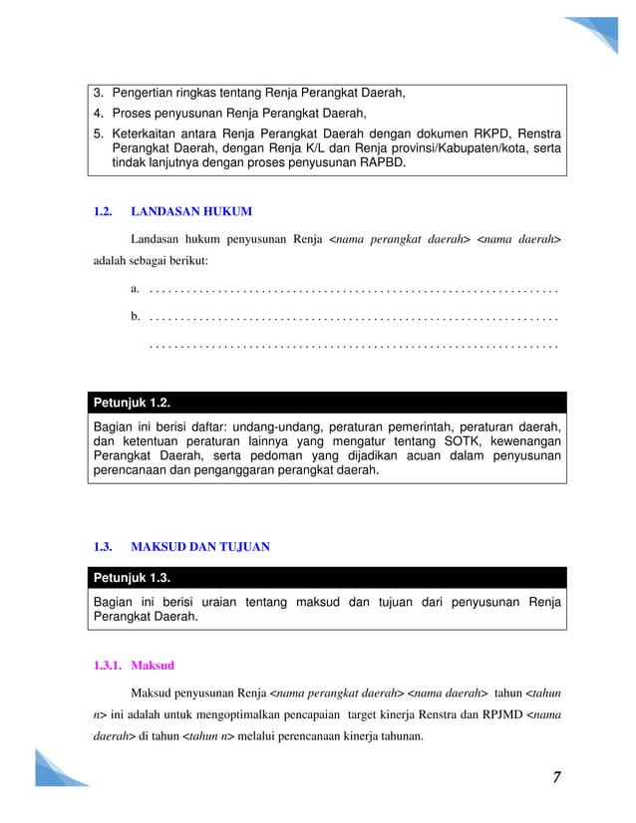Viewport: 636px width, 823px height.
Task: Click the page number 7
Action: pos(554,777)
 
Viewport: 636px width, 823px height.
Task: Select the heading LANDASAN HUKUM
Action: pos(191,211)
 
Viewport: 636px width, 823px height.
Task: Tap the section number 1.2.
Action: pos(103,211)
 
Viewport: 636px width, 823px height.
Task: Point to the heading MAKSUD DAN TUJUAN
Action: pos(200,547)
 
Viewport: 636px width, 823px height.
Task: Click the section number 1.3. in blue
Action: pos(103,547)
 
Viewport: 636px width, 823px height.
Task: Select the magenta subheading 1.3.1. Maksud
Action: pos(134,665)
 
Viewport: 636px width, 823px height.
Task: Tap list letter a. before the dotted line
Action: pos(135,289)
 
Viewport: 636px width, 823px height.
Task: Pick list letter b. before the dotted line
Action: pos(135,317)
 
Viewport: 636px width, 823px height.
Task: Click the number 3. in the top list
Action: pos(99,95)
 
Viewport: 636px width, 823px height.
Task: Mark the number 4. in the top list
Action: pos(99,114)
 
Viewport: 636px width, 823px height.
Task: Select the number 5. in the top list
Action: pos(99,133)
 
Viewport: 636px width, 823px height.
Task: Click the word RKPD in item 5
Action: pos(482,133)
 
